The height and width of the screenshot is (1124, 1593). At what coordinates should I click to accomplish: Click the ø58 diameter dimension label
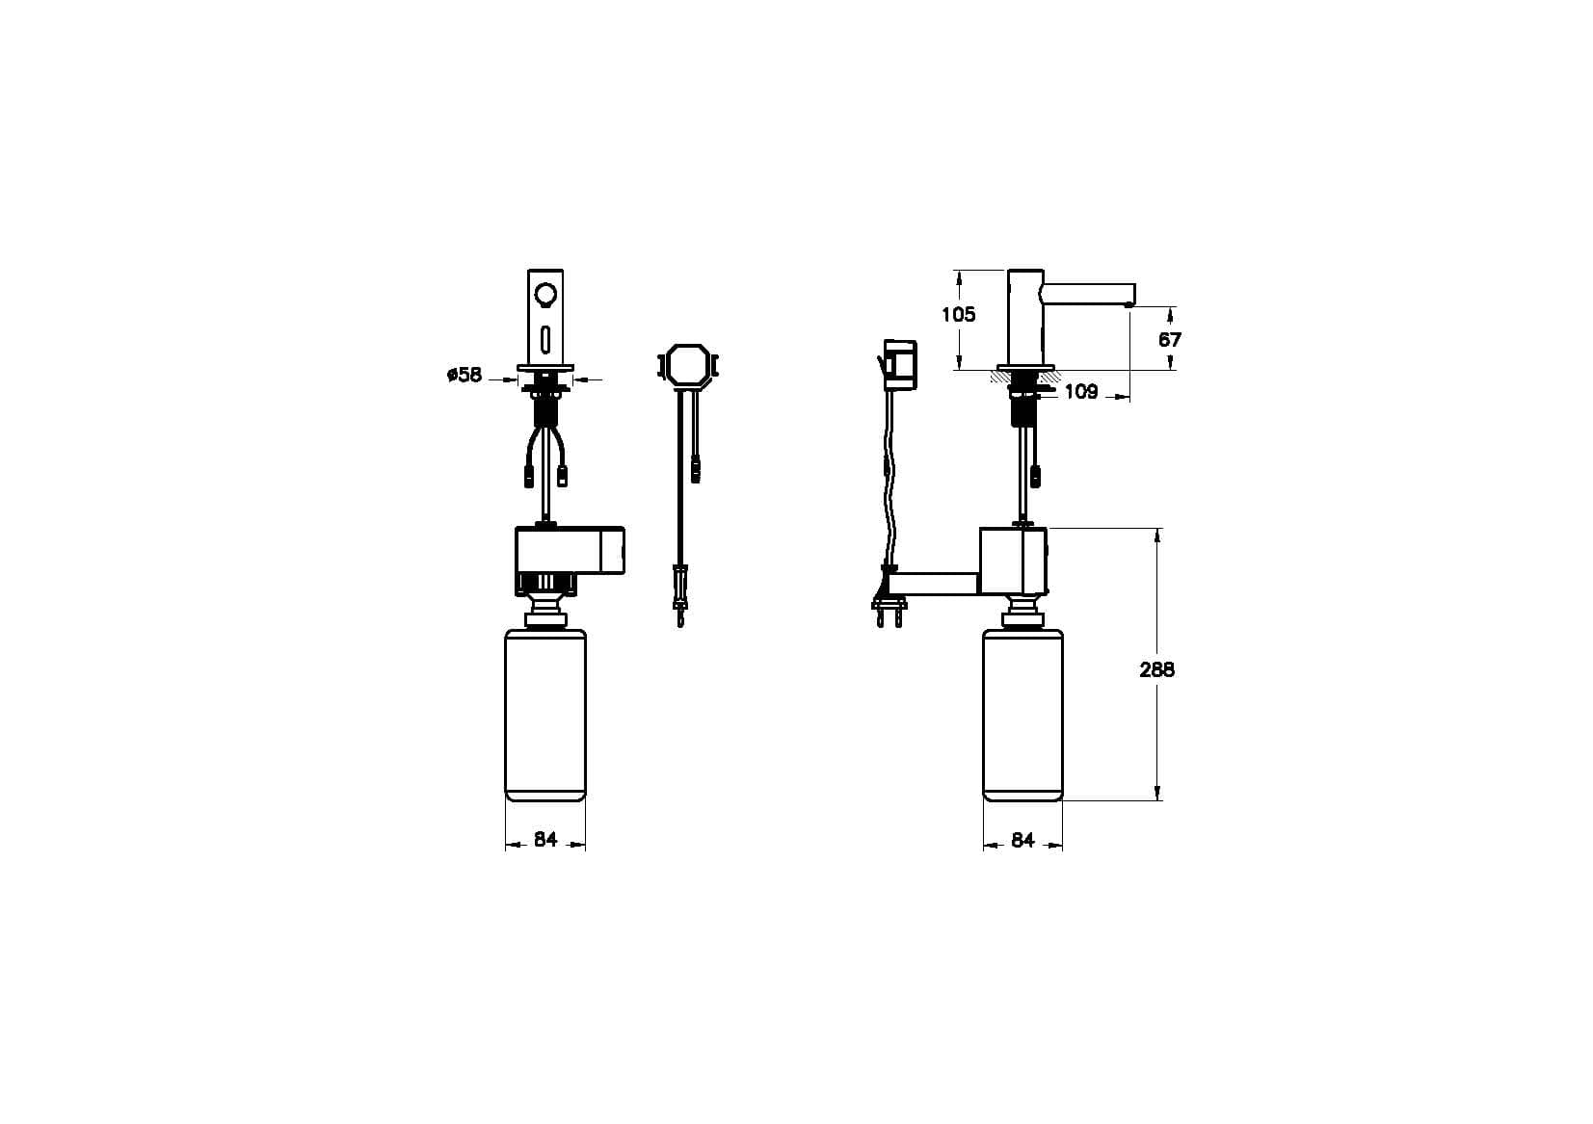click(465, 375)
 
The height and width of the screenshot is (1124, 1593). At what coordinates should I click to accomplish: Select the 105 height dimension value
click(959, 314)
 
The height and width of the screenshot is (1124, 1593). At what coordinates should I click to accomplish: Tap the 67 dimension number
click(1170, 340)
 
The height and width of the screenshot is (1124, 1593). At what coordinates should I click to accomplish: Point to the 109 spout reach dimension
click(1081, 392)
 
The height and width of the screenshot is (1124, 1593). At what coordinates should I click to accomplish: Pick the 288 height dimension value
click(1157, 669)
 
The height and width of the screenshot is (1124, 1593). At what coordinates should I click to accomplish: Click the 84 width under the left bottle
click(545, 840)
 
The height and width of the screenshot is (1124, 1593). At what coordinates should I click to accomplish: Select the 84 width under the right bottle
click(1022, 840)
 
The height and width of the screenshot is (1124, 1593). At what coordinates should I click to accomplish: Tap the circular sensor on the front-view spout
click(545, 293)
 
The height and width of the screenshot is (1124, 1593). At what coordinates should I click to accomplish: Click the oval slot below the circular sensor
click(545, 340)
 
